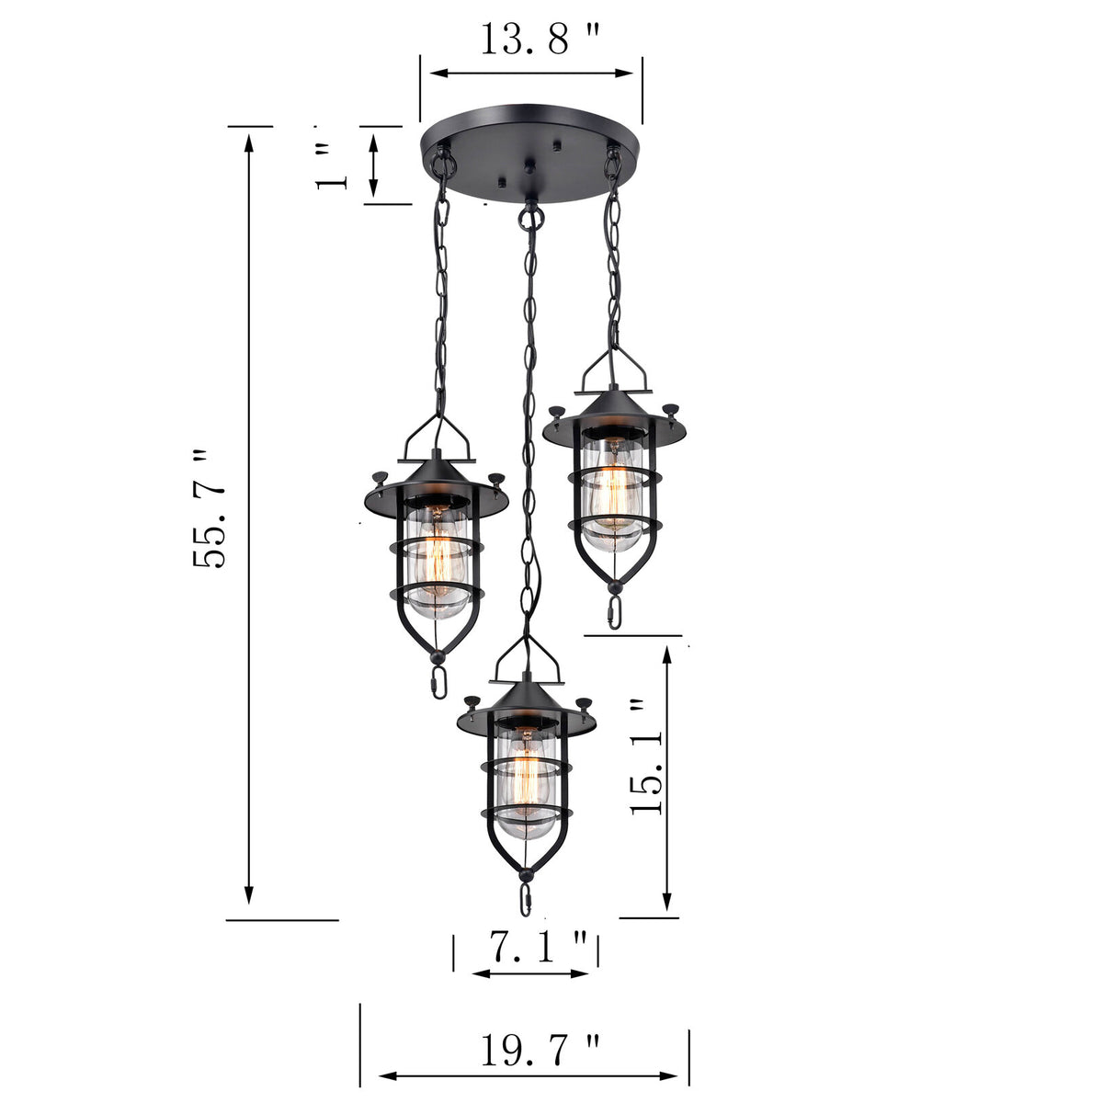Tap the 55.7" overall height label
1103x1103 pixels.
[x=210, y=510]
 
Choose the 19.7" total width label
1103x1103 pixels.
[x=540, y=1050]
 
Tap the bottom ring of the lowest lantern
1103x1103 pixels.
[x=526, y=900]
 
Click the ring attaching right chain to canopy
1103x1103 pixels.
[x=612, y=162]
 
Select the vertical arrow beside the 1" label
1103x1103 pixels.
[x=374, y=164]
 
